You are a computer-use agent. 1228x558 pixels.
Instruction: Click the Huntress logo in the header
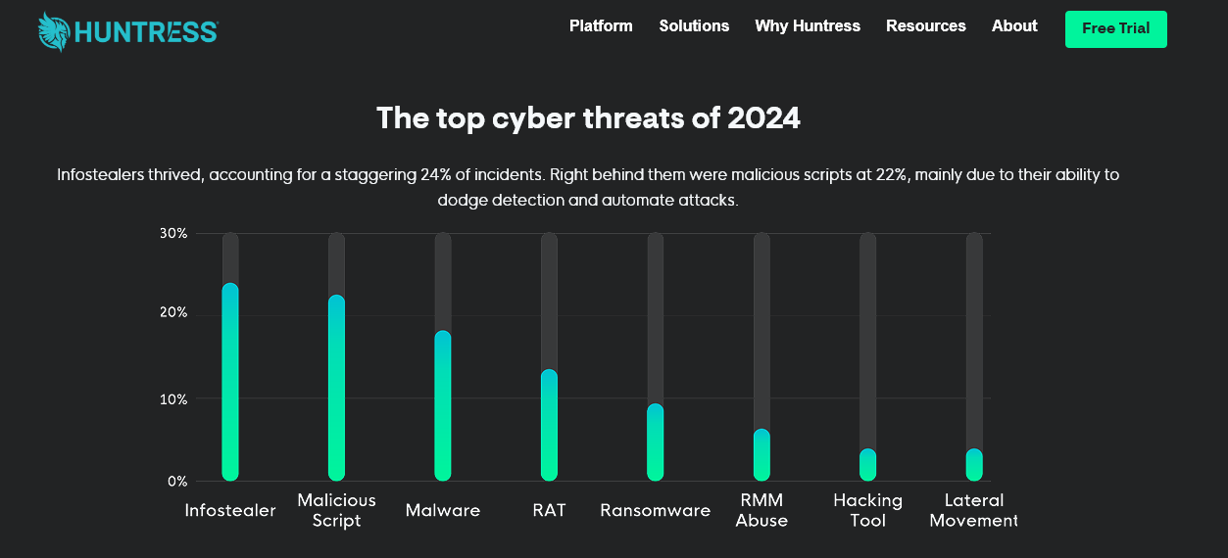pos(127,31)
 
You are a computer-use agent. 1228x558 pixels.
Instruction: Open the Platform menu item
pos(601,26)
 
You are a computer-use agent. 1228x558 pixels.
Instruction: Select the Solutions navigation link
pos(694,26)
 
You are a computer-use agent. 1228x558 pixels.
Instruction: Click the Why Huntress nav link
pos(808,26)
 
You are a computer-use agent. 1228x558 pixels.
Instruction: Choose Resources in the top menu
pos(926,26)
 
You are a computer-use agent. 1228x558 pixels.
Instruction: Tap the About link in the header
pos(1014,26)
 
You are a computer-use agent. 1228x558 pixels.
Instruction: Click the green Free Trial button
pos(1116,29)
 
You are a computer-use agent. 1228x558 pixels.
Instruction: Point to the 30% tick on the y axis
pos(173,233)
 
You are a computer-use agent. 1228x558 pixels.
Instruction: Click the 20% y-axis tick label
pos(173,313)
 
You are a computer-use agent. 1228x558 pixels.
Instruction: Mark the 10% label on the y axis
pos(173,399)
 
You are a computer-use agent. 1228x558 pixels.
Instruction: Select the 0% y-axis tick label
pos(176,481)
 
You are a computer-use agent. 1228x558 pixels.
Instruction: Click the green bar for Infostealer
pos(230,382)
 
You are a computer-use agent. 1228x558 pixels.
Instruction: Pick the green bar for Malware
pos(443,406)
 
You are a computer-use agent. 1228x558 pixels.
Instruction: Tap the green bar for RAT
pos(549,426)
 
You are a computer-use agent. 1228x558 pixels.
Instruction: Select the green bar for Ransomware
pos(656,442)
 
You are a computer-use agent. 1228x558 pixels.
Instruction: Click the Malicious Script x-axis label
pos(336,510)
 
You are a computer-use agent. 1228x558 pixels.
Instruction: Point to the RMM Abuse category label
pos(761,510)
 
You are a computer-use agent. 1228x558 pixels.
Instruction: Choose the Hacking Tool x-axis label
pos(867,510)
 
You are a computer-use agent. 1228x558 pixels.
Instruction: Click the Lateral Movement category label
pos(973,510)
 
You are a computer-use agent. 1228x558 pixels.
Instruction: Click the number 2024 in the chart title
pos(763,118)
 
